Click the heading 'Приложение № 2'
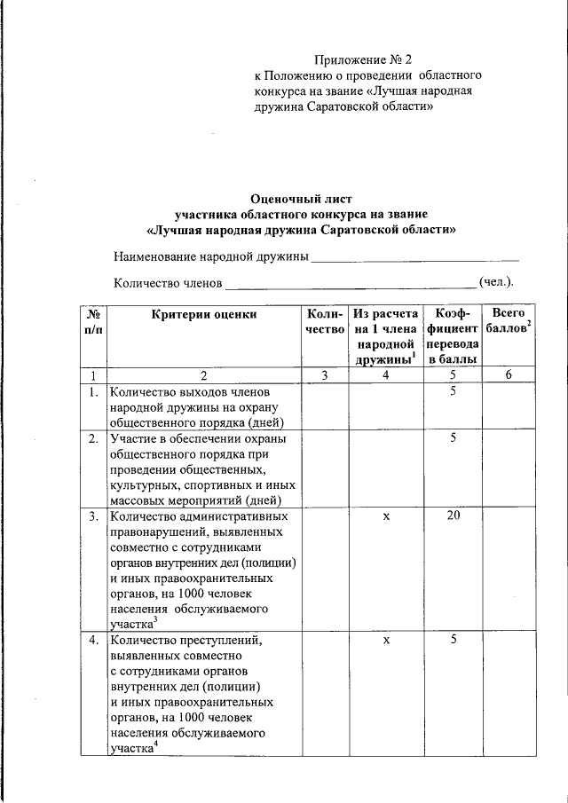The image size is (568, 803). [364, 60]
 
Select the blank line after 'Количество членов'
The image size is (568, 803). [351, 284]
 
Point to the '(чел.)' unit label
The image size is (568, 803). [496, 282]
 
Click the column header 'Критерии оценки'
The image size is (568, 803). [204, 313]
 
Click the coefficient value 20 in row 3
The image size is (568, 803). [453, 516]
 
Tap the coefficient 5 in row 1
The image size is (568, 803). [453, 390]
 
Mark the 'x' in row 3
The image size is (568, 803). [386, 516]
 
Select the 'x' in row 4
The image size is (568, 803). [386, 640]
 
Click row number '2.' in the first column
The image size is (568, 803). [92, 438]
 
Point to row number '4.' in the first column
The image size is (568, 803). [92, 640]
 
